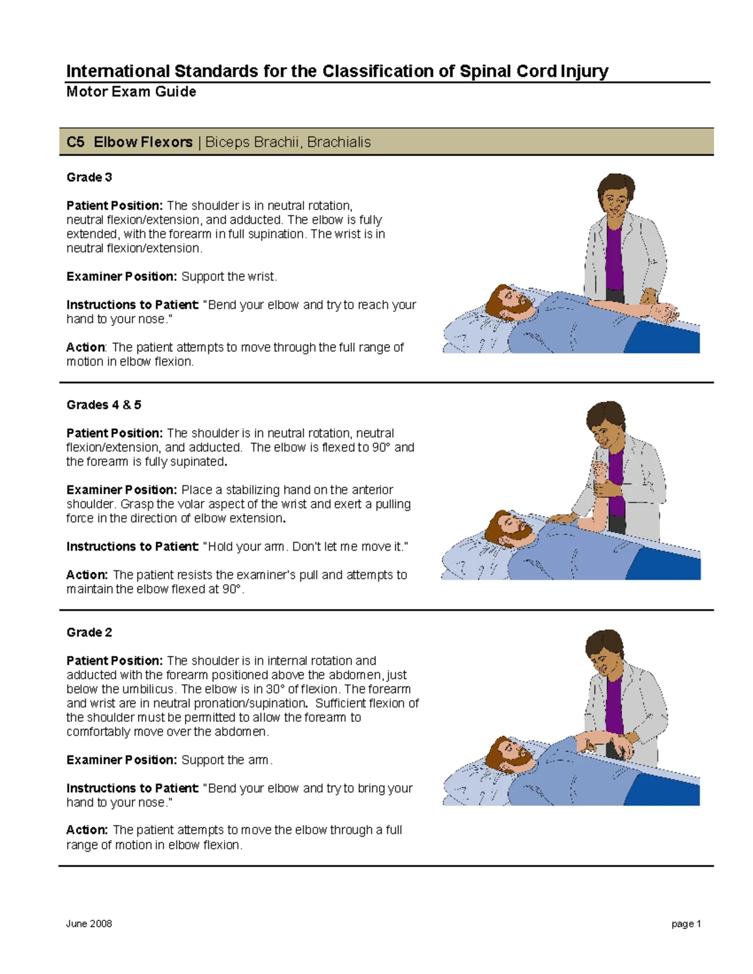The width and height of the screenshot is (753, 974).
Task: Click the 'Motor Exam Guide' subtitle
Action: coord(131,92)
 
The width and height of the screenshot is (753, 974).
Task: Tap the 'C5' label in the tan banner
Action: coord(75,142)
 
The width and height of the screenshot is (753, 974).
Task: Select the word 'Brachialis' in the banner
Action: coord(339,142)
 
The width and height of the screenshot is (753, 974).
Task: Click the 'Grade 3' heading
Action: coord(89,177)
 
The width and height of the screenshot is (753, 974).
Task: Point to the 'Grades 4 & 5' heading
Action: coord(104,405)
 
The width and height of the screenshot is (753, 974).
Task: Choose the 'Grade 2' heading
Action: coord(89,633)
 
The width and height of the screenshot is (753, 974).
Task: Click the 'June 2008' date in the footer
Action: coord(89,924)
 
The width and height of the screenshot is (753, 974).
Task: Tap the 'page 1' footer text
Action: coord(685,924)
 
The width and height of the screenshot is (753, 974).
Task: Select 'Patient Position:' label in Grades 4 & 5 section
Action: coord(115,433)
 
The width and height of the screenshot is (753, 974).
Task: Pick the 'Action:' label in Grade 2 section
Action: coord(87,830)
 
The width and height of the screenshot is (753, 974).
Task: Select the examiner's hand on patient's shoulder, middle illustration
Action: coord(562,519)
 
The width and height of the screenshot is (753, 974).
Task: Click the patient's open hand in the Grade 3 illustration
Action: coord(665,312)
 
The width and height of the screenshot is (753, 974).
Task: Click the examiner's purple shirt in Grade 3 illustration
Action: coord(614,257)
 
